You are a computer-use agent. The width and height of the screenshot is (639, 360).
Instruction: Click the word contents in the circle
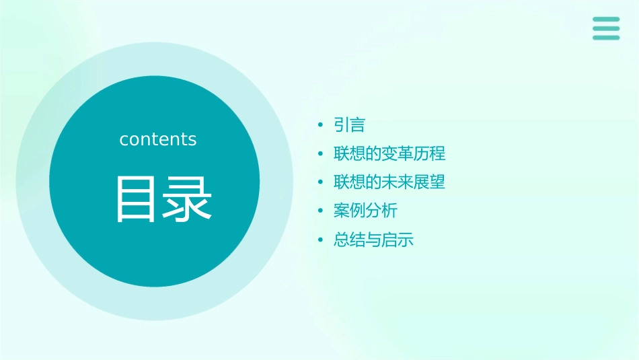pyautogui.click(x=158, y=139)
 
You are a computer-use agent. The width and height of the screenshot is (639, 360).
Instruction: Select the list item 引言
pyautogui.click(x=349, y=125)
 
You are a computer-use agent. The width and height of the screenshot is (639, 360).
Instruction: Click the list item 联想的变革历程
pyautogui.click(x=389, y=153)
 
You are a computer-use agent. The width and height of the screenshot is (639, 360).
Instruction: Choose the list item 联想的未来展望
pyautogui.click(x=389, y=182)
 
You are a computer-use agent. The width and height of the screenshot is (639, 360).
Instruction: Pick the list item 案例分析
pyautogui.click(x=365, y=211)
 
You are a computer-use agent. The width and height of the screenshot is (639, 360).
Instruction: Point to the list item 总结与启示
pyautogui.click(x=373, y=240)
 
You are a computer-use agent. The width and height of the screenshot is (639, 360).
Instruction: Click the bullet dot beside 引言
pyautogui.click(x=321, y=125)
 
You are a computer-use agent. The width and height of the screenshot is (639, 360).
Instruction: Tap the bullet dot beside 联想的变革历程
pyautogui.click(x=321, y=154)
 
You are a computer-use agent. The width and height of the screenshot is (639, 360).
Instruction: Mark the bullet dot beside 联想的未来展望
pyautogui.click(x=321, y=182)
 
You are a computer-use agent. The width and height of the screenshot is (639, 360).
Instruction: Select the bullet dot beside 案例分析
pyautogui.click(x=321, y=211)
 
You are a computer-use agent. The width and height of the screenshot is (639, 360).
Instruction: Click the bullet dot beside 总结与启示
pyautogui.click(x=321, y=240)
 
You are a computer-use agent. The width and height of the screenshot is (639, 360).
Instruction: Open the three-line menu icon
pyautogui.click(x=606, y=28)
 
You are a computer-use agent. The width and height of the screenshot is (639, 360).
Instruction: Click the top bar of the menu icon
pyautogui.click(x=606, y=19)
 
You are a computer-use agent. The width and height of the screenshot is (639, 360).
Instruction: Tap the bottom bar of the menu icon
pyautogui.click(x=606, y=38)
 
